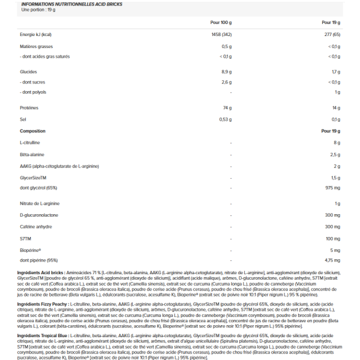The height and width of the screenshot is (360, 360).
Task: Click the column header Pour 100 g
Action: pos(220,22)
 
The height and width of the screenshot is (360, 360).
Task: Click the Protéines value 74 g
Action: pos(227,108)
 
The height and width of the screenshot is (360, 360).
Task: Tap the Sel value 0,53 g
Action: pos(225,119)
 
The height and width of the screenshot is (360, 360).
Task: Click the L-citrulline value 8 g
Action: pos(337,143)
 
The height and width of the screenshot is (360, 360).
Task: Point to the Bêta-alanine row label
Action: pos(34,154)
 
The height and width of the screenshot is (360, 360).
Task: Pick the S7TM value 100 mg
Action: pos(332,238)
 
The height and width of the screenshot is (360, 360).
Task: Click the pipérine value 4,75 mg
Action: pos(331,260)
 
